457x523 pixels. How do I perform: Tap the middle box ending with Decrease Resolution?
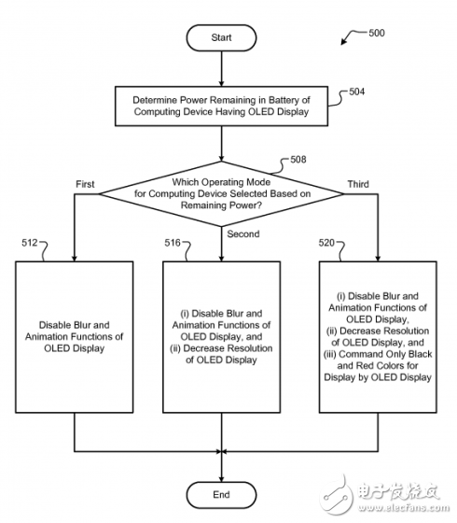[x=222, y=336]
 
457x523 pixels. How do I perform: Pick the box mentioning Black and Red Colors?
[x=377, y=336]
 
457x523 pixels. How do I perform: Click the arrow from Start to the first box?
[x=222, y=70]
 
